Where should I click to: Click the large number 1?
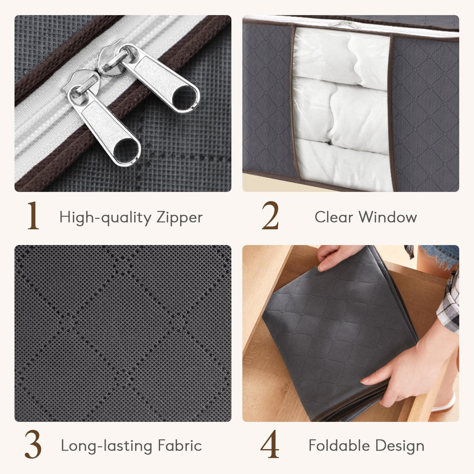[x=33, y=216]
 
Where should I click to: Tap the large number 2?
[x=270, y=216]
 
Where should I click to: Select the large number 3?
[x=33, y=444]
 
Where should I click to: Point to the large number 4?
[x=270, y=444]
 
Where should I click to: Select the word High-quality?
[x=105, y=218]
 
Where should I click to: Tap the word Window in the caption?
[x=387, y=217]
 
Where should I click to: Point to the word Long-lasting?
[x=107, y=446]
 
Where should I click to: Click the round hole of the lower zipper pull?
[x=126, y=150]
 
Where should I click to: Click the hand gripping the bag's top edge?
[x=337, y=257]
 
